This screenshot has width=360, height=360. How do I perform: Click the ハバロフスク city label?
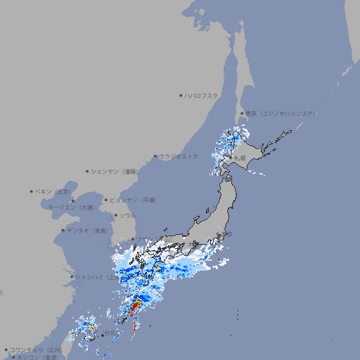tap(202, 95)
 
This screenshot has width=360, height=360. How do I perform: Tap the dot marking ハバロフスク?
tap(181, 95)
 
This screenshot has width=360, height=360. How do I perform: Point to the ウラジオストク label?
tap(179, 156)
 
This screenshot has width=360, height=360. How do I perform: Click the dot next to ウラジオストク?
tap(155, 157)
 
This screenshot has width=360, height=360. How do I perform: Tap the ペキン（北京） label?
tap(54, 191)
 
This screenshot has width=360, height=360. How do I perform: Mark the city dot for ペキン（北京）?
tap(32, 191)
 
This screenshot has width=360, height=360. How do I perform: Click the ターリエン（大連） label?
tap(71, 207)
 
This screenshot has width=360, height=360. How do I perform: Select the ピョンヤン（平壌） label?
tap(133, 200)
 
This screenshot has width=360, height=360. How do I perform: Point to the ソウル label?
tap(127, 215)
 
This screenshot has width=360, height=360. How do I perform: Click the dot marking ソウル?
tap(115, 215)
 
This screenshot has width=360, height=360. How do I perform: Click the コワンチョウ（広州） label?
tap(35, 349)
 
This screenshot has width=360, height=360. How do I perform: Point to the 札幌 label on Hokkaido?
tap(240, 157)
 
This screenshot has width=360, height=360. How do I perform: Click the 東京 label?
tap(226, 235)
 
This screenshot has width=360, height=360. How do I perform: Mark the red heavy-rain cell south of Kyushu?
tap(136, 307)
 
